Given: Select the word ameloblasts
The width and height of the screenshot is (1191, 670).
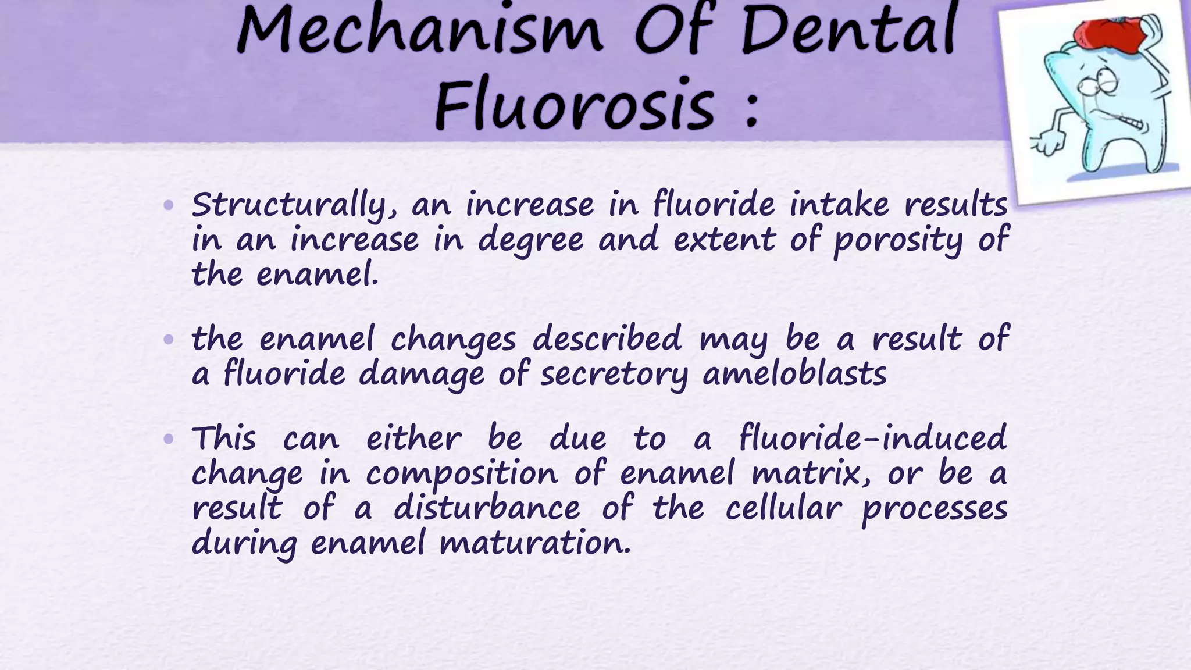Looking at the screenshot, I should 794,373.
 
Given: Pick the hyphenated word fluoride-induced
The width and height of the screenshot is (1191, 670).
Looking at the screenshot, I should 872,438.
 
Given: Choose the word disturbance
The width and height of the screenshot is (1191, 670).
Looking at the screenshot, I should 487,508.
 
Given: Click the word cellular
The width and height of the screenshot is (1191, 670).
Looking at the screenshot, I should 783,508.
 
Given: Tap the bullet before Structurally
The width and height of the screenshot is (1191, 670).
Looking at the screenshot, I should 169,205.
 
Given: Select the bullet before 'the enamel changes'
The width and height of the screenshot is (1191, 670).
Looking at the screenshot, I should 169,339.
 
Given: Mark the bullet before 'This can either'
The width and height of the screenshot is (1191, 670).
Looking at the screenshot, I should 169,439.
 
